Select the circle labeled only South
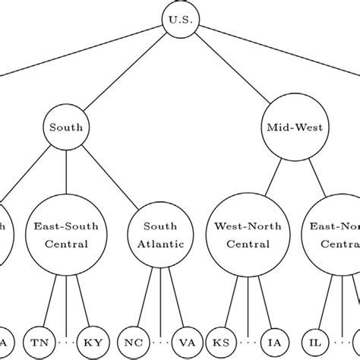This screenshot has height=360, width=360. (x=67, y=128)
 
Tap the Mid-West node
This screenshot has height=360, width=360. (x=294, y=128)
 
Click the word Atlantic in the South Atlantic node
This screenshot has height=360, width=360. (x=161, y=244)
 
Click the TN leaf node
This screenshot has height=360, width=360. (x=38, y=343)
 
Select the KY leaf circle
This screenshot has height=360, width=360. (x=95, y=343)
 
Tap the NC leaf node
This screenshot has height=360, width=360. (x=133, y=343)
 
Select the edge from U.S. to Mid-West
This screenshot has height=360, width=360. (x=235, y=72)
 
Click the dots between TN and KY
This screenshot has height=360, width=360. (x=67, y=343)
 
